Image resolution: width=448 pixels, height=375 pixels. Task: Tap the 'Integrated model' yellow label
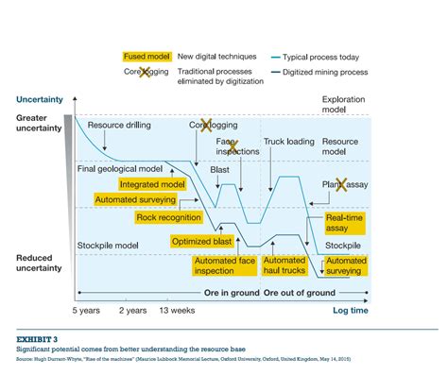point(152,184)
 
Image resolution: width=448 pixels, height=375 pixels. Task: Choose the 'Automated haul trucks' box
point(284,266)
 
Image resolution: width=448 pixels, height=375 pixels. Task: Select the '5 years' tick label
point(87,308)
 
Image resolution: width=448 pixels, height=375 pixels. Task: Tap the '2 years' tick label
point(132,308)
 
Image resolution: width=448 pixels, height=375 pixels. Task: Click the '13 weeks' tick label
point(176,308)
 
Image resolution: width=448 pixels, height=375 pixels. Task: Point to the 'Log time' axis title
point(349,309)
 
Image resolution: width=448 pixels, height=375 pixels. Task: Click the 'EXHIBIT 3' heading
point(36,336)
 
